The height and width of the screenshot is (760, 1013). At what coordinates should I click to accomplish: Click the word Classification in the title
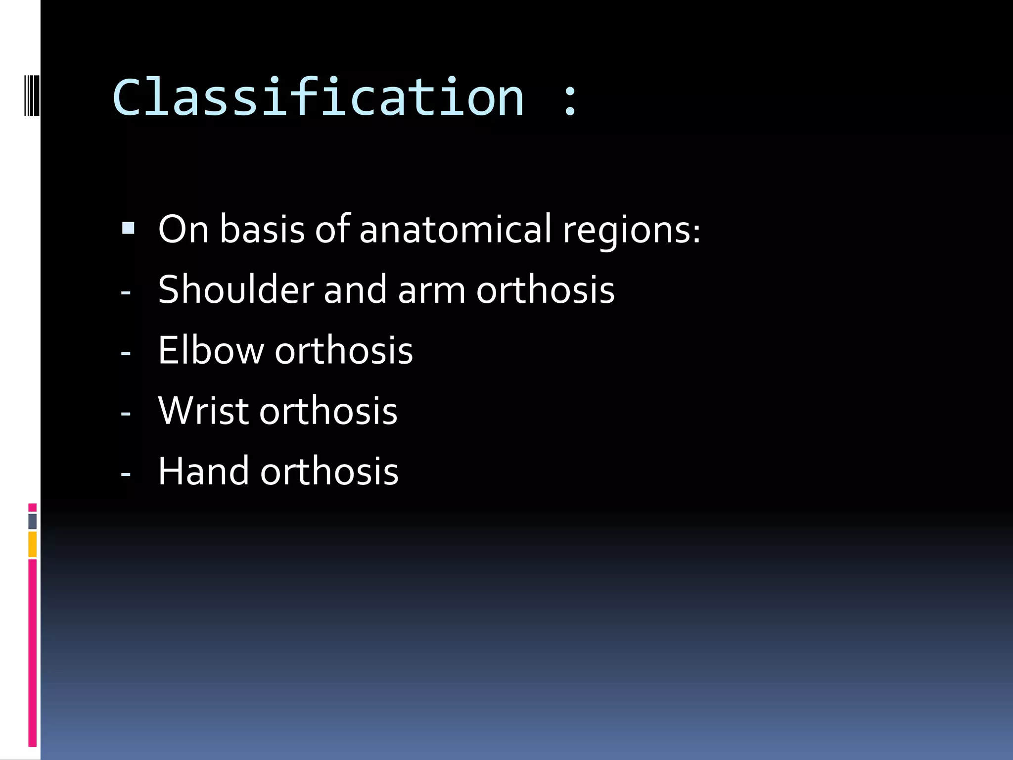318,97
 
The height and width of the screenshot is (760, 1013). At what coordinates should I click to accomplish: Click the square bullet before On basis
128,228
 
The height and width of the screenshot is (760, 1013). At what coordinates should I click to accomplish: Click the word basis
262,230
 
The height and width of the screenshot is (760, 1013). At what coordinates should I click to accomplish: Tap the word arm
431,291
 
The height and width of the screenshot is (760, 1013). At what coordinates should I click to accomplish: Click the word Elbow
211,350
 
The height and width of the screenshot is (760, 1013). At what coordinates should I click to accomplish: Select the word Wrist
203,411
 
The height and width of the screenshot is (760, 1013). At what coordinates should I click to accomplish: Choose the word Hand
203,471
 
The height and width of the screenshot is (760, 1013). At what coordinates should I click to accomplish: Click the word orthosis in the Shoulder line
545,290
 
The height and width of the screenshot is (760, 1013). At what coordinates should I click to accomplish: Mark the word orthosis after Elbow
344,350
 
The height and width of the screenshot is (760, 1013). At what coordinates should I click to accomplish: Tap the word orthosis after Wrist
328,411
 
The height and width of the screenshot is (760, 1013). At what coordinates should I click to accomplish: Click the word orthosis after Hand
329,471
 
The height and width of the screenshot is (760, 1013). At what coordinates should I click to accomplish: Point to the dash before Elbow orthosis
126,353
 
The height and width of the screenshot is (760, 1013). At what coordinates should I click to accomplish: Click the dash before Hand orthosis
126,474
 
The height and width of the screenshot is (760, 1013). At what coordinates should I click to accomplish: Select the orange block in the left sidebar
32,544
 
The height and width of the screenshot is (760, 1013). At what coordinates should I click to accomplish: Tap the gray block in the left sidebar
32,521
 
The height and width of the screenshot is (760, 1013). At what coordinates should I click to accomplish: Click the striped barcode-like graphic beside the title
31,95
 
